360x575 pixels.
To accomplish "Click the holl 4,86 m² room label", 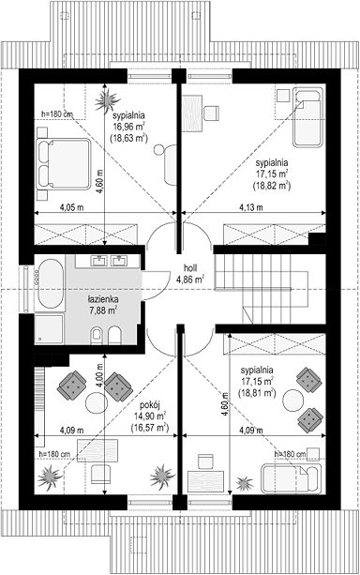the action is pyautogui.click(x=190, y=274).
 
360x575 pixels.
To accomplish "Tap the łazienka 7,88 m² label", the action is pyautogui.click(x=103, y=306).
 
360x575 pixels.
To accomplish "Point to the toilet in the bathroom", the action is pyautogui.click(x=97, y=335).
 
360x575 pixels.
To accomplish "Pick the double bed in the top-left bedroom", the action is pyautogui.click(x=63, y=164).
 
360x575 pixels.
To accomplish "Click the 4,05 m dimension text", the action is pyautogui.click(x=72, y=207).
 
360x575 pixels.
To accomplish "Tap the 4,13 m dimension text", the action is pyautogui.click(x=251, y=207).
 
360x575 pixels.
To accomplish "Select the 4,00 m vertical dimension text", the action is pyautogui.click(x=99, y=374).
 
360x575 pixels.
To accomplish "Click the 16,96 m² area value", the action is pyautogui.click(x=128, y=127).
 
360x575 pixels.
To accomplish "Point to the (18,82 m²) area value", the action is pyautogui.click(x=272, y=185).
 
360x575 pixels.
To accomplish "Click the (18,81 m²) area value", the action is pyautogui.click(x=257, y=393).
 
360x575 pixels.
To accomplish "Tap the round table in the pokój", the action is pyautogui.click(x=97, y=403).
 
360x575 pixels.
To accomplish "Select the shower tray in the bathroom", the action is pyautogui.click(x=50, y=328).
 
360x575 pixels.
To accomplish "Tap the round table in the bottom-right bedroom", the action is pyautogui.click(x=293, y=401).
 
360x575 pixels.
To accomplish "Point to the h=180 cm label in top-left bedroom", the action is pyautogui.click(x=57, y=114).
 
